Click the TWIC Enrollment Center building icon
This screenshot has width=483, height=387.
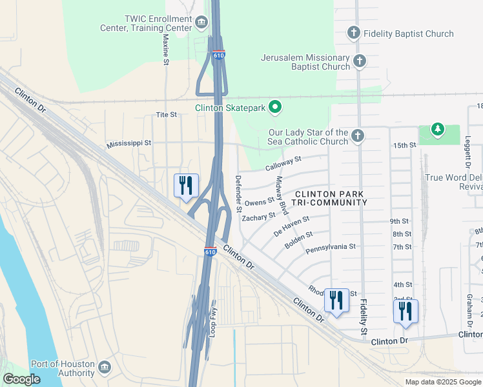coord(201,24)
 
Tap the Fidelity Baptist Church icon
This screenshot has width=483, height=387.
coord(353,32)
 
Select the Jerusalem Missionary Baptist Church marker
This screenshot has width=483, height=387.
coord(360,62)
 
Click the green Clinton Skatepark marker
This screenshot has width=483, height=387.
coord(275,108)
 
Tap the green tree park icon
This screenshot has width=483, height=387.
coord(438,130)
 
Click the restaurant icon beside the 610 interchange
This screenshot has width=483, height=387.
coord(186,186)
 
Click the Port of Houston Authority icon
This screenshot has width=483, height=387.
coord(104,368)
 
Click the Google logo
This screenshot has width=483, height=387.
coord(21,379)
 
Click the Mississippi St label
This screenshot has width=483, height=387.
coord(128,143)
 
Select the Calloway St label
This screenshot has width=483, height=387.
coord(283,163)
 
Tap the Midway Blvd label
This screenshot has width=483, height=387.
coord(282,195)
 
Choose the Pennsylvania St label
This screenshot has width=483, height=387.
coord(330,246)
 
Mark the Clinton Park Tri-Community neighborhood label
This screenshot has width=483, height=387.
coord(329,198)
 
